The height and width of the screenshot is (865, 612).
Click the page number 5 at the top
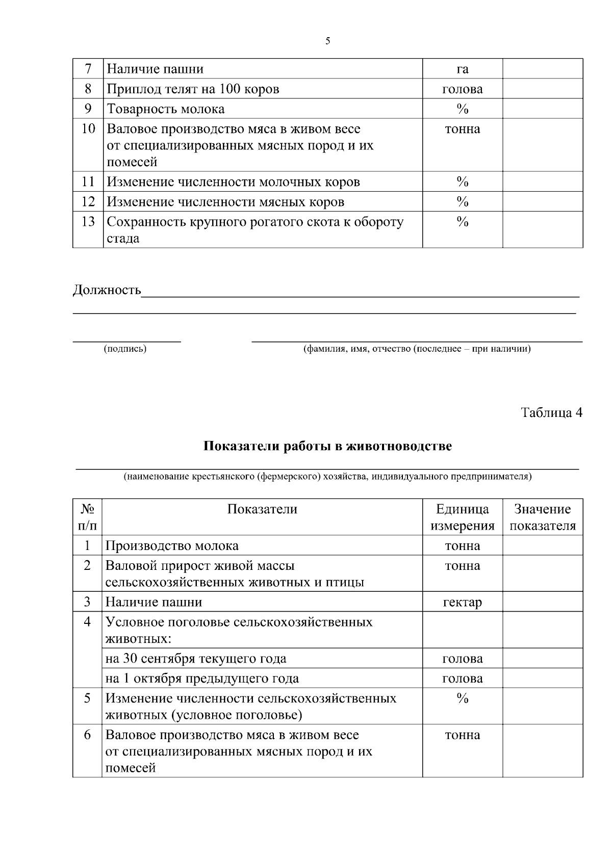(x=327, y=41)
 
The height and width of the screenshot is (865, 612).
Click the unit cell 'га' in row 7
(x=462, y=69)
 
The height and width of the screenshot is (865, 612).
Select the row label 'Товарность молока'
(x=166, y=109)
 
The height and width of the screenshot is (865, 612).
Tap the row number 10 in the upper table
(x=88, y=129)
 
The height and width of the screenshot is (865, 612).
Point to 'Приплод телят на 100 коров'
(x=193, y=89)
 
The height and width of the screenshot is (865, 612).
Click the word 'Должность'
(x=107, y=290)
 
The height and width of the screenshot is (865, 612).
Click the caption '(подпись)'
(x=125, y=349)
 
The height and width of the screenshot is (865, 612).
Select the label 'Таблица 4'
(x=551, y=412)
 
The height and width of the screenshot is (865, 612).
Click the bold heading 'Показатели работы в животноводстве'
(x=327, y=446)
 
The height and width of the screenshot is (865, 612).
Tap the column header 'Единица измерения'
(x=462, y=517)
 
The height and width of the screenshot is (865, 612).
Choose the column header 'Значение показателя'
(x=543, y=517)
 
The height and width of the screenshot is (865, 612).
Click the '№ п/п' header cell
(x=87, y=517)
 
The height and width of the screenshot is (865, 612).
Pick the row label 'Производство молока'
(x=172, y=546)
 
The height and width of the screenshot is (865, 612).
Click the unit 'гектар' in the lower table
(x=462, y=602)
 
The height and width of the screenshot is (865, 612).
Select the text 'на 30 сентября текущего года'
(x=196, y=659)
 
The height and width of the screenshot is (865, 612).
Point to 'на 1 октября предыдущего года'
(x=202, y=678)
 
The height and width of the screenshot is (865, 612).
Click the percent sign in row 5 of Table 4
(x=462, y=698)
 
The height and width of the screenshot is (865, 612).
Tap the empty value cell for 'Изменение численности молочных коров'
(x=543, y=182)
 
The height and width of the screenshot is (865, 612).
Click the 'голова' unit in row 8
(x=462, y=89)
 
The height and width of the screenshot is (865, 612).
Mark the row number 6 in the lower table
(x=87, y=735)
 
